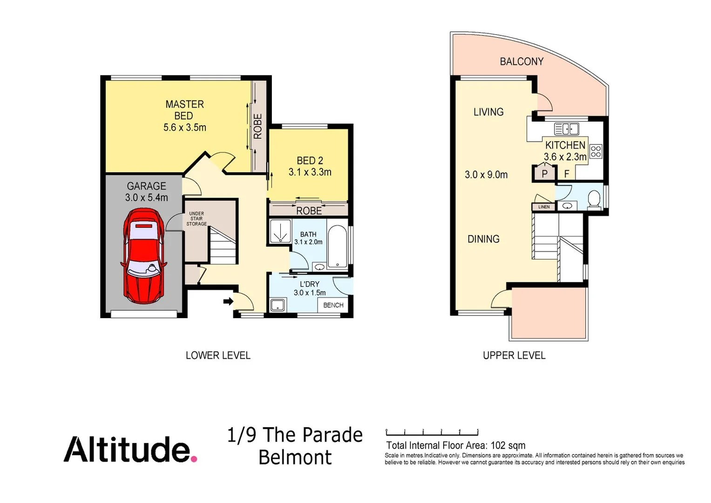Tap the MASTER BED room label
point(184,110)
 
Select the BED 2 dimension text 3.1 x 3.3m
point(310,172)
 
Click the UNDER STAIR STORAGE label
point(196,219)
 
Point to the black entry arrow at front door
point(228,301)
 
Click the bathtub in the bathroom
point(337,247)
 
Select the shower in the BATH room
point(280,231)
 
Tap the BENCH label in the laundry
point(333,305)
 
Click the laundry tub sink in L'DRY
point(278,306)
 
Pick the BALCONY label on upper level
point(521,61)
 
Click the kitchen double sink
point(567,129)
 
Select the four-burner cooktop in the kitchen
point(596,151)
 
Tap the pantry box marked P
point(544,174)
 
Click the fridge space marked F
point(567,174)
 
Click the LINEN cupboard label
point(543,207)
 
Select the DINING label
point(483,239)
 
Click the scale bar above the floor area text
point(432,433)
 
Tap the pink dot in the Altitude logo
point(194,459)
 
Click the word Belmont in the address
point(295,457)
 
